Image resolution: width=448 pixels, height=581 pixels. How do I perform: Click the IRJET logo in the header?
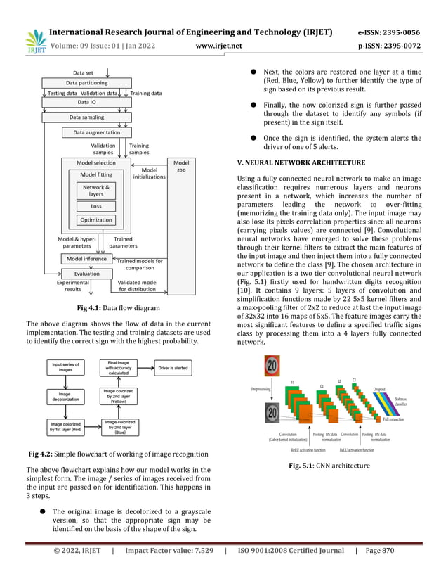35,40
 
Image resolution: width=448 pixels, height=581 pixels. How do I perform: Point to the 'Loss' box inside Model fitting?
95,206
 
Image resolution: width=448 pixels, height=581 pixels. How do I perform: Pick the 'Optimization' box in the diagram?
95,220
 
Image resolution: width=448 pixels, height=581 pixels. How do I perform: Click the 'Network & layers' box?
95,190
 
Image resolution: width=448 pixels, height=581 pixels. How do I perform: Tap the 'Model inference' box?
86,259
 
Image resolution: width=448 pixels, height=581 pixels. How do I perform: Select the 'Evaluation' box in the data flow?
87,274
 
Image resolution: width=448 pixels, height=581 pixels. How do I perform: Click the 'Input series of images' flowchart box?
66,366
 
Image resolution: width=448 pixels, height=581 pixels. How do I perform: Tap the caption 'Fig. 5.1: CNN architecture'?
329,466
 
